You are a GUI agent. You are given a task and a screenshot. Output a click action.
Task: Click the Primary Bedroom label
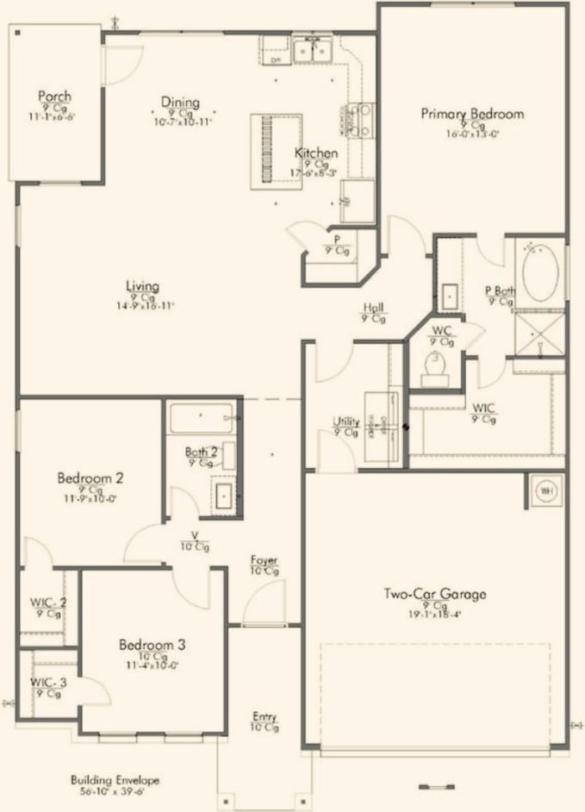click(x=472, y=113)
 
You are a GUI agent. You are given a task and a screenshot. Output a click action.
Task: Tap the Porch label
click(x=54, y=96)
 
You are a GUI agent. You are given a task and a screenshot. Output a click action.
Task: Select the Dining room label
click(x=180, y=103)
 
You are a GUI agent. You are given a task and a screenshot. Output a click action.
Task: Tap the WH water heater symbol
click(x=545, y=490)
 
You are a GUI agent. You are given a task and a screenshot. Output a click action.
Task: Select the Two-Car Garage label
click(x=435, y=594)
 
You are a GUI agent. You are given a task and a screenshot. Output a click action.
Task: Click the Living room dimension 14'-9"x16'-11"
click(x=143, y=306)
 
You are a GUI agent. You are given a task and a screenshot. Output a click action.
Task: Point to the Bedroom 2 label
click(x=91, y=477)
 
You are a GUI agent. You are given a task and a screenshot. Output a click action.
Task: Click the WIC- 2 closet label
click(x=48, y=603)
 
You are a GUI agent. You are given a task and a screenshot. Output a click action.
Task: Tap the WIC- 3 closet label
click(x=48, y=683)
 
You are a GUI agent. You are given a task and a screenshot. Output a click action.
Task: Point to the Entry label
click(x=265, y=716)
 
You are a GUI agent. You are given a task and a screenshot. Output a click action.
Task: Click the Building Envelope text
click(x=115, y=779)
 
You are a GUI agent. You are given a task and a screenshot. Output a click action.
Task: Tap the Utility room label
click(x=345, y=422)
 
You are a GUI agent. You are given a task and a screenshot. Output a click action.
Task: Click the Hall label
click(x=373, y=307)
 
